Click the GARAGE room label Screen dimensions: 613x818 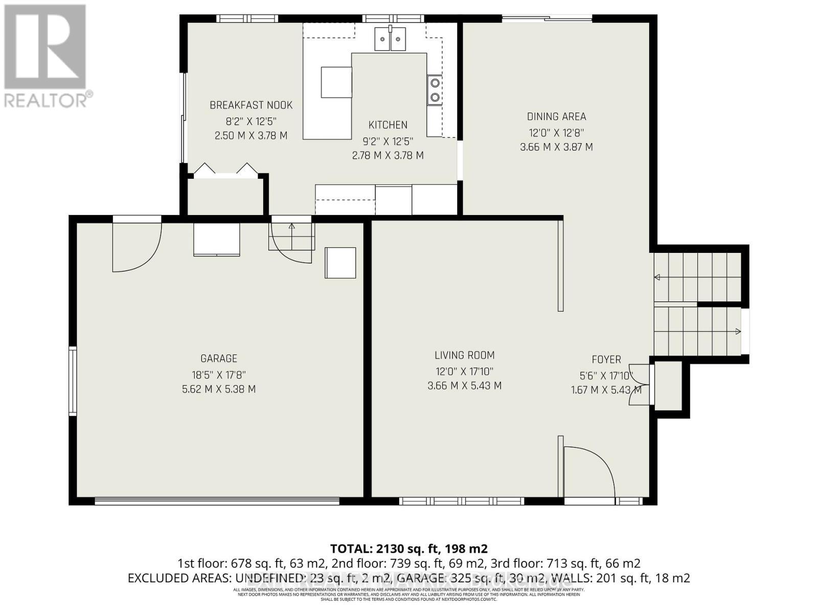[218, 359]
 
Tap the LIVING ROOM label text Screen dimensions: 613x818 [464, 355]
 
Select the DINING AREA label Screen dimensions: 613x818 [556, 116]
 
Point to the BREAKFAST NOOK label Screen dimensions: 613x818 [251, 105]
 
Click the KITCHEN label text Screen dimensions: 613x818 [388, 125]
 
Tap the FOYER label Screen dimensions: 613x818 [606, 360]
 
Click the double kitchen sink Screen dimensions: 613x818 [390, 39]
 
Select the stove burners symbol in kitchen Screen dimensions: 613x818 [435, 89]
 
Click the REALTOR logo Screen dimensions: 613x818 [46, 56]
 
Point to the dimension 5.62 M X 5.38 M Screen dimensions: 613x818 [218, 389]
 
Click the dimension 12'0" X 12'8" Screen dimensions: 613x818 [556, 133]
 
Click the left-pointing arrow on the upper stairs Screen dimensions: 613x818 [657, 277]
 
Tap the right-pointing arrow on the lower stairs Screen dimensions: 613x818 [737, 332]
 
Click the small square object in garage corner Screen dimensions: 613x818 [340, 263]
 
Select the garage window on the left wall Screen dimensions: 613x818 [73, 381]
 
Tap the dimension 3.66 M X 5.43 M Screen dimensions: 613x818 [464, 386]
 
